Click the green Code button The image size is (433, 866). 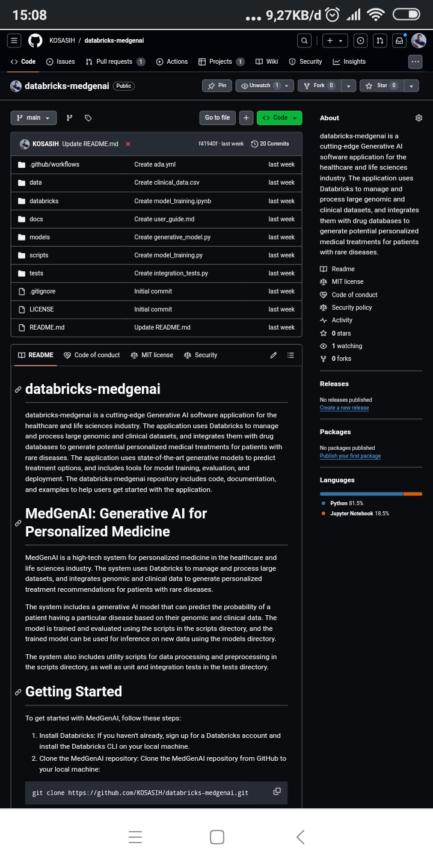279,118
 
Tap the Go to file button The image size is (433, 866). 217,118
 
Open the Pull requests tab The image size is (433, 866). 114,61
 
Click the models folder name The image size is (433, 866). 40,237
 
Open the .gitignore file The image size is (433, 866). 42,291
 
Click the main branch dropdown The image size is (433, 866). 34,118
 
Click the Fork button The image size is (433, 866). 319,86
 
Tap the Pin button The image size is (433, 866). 217,86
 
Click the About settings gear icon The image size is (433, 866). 419,118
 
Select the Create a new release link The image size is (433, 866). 344,408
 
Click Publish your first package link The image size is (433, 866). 350,456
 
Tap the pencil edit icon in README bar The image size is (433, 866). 274,355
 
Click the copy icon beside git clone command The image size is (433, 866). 277,791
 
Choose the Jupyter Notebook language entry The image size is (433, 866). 351,514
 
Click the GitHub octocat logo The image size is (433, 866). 35,40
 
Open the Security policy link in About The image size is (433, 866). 351,307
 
